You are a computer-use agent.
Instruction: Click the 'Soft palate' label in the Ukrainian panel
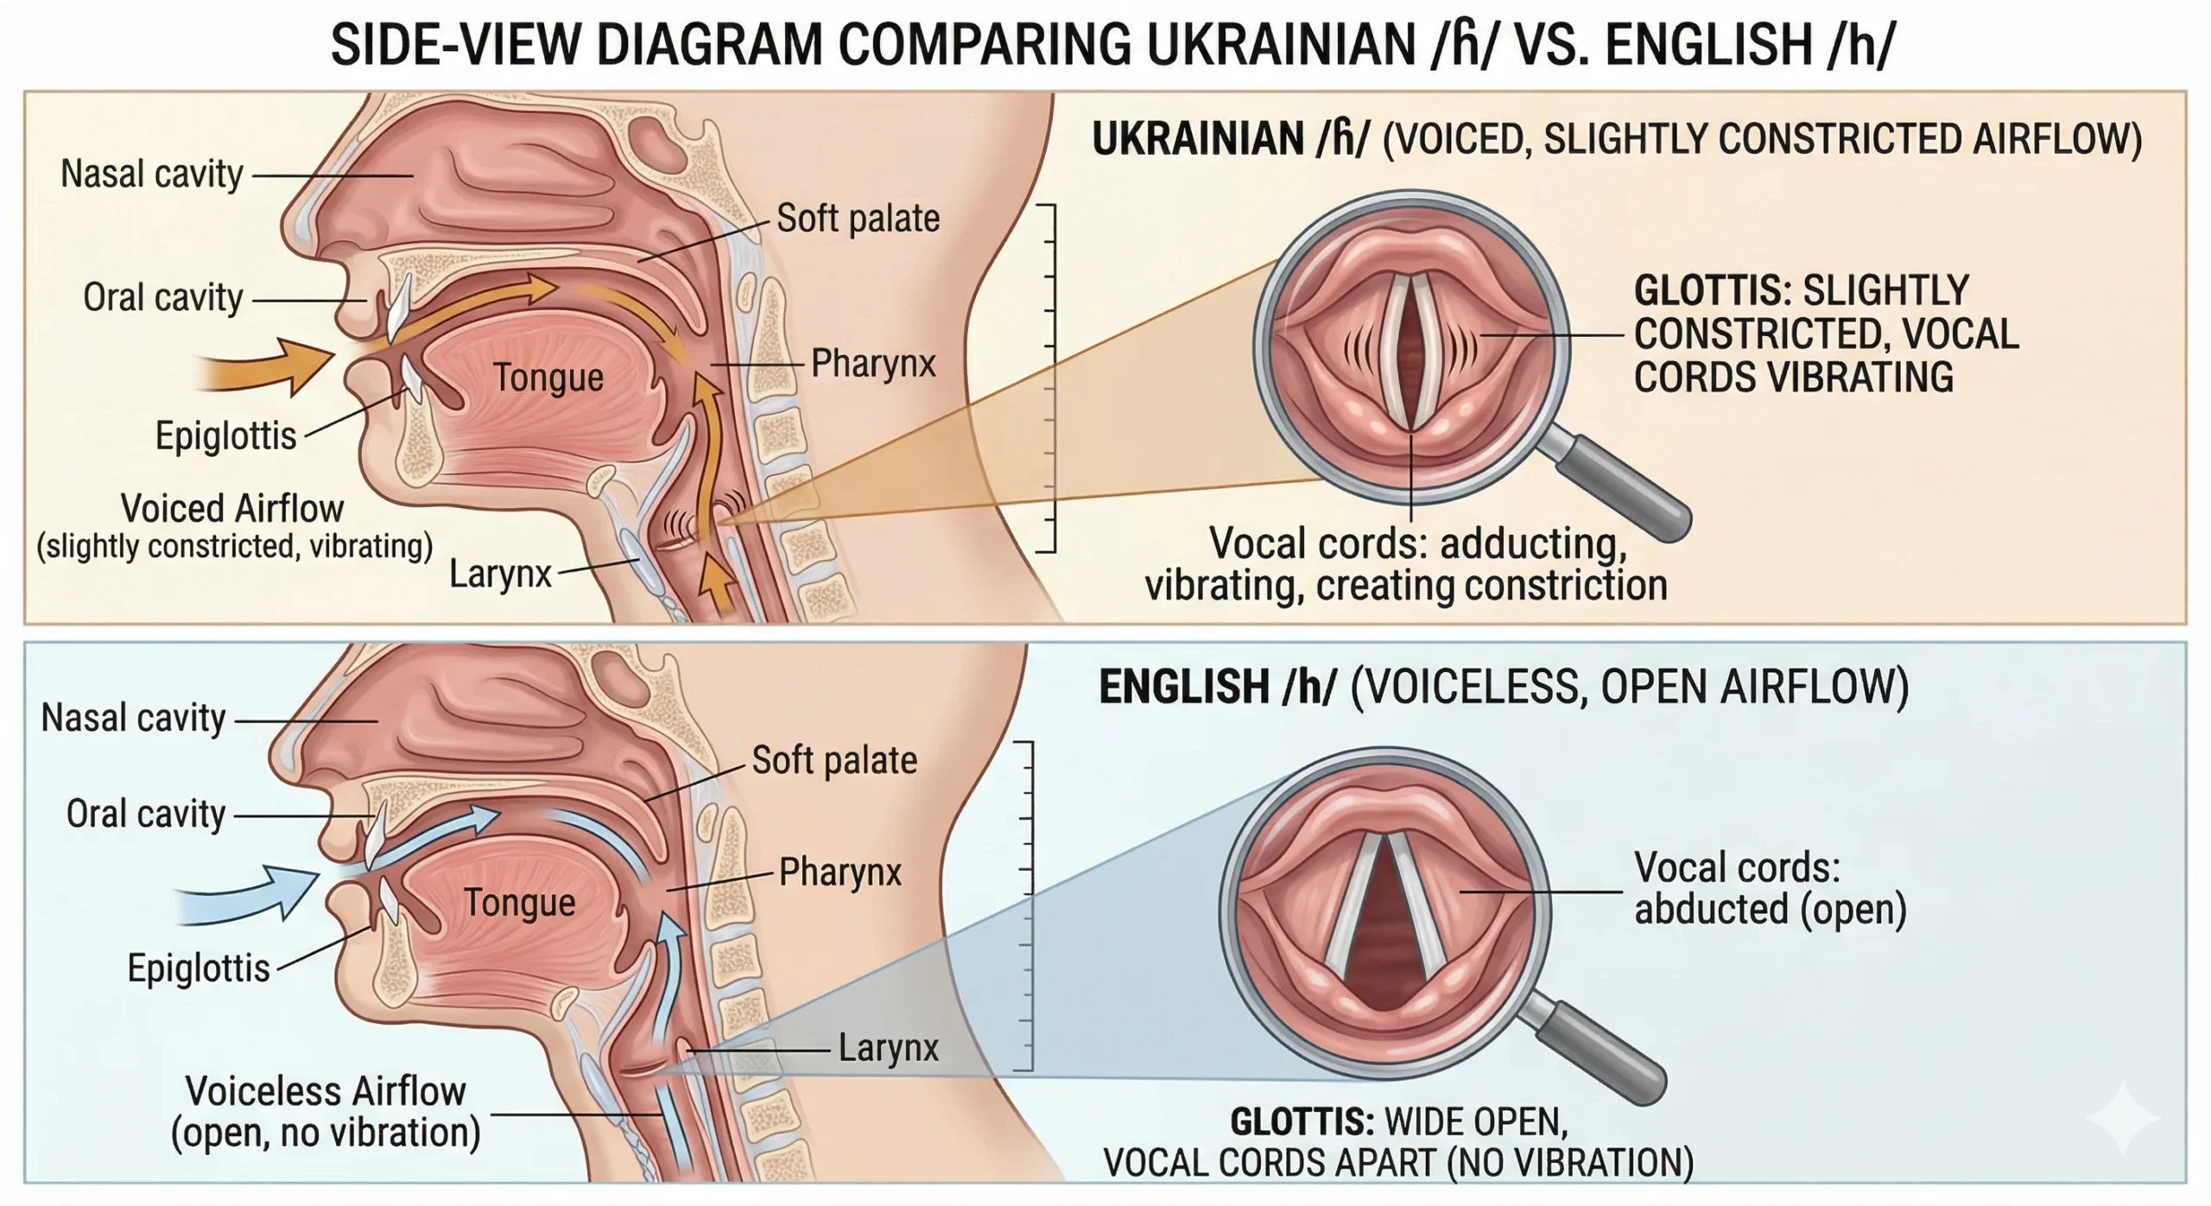pos(858,219)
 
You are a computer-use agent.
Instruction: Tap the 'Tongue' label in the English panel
pos(520,903)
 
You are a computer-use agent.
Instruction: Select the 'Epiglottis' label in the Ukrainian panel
pos(225,435)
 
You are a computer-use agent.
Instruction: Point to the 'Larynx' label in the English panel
pos(888,1048)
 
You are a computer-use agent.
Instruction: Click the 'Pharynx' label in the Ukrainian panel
pos(873,363)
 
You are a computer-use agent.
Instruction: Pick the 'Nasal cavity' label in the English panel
pos(133,718)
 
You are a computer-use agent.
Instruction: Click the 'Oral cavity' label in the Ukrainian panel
pos(162,297)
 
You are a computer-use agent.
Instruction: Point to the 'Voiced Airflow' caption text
pos(231,508)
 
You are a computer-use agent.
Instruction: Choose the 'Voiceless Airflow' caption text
pos(325,1091)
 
